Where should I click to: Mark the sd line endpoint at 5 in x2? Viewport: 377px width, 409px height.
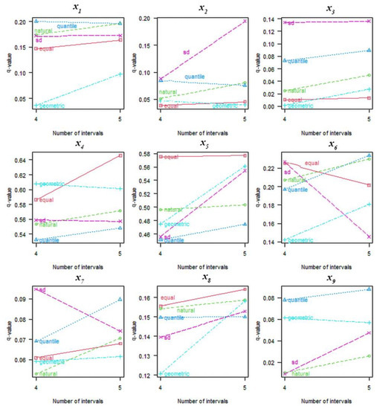245,21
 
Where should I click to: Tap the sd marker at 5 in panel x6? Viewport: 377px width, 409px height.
370,237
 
